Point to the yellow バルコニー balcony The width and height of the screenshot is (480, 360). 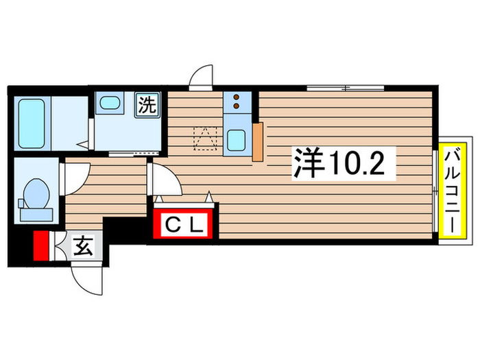[x=453, y=189]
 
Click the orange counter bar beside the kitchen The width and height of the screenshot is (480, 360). [x=258, y=142]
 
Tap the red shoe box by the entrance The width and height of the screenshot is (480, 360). [x=41, y=245]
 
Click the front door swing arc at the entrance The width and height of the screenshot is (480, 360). [x=88, y=278]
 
